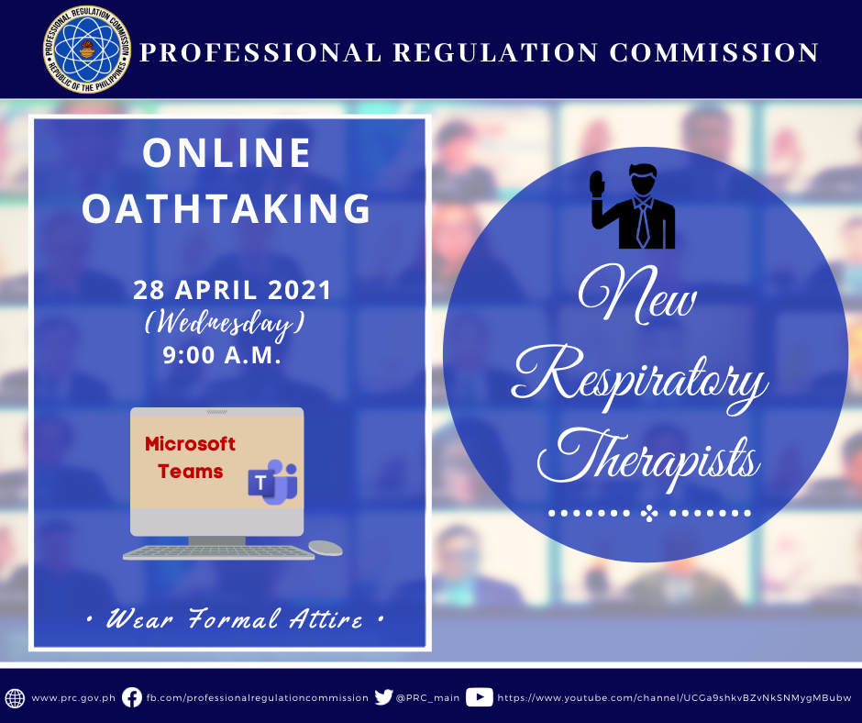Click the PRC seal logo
[x=87, y=50]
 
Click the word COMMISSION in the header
[x=714, y=53]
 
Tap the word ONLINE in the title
[x=227, y=152]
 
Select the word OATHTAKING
[x=227, y=208]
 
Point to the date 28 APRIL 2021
[x=232, y=290]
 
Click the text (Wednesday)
[x=225, y=323]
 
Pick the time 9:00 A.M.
[x=222, y=355]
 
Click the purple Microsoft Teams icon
[x=272, y=482]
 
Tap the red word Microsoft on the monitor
[x=190, y=443]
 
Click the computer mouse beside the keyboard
[x=325, y=548]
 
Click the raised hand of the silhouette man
[x=597, y=184]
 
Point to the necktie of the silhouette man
[x=642, y=225]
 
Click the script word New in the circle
[x=637, y=296]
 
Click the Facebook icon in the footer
[x=132, y=697]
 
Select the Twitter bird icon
[x=383, y=697]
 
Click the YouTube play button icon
[x=480, y=697]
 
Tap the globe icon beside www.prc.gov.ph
[x=15, y=697]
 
